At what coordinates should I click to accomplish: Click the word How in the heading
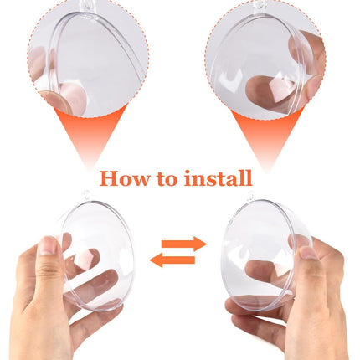(125, 178)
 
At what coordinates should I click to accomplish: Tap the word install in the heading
(218, 177)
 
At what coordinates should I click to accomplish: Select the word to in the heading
(167, 179)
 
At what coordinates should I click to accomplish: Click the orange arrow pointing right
(184, 244)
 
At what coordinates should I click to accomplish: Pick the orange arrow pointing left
(172, 260)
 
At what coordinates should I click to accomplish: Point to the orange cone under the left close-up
(90, 136)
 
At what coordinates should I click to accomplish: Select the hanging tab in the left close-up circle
(86, 6)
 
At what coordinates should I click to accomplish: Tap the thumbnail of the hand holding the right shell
(308, 253)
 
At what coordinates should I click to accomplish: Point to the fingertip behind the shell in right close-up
(268, 90)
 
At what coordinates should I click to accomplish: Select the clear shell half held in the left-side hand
(96, 255)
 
